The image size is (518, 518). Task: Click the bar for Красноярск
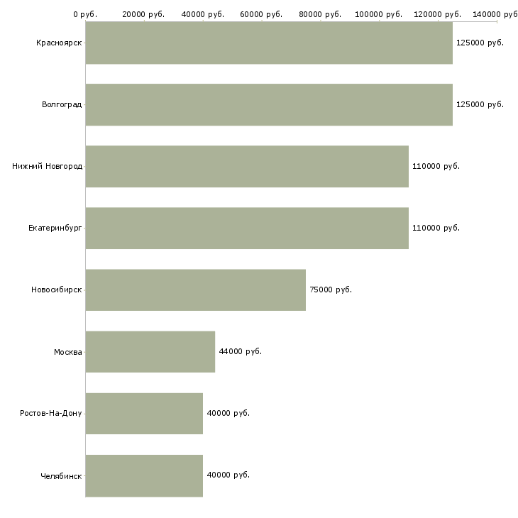coord(269,43)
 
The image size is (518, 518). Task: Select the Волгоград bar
coord(269,104)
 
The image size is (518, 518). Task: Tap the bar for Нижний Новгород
coord(247,166)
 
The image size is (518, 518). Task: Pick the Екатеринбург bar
coord(247,228)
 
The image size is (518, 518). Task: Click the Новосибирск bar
coord(196,290)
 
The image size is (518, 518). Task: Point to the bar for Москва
coord(150,351)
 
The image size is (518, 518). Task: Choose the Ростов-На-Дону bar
coord(144,413)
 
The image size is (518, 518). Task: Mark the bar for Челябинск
coord(144,475)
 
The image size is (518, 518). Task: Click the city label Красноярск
coord(59,43)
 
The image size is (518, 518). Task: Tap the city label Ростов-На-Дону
coord(51,413)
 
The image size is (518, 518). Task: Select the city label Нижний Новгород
coord(48,166)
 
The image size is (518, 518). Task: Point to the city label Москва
coord(68,352)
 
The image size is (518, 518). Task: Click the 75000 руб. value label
coord(331,290)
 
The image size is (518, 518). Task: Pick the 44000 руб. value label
coord(240,351)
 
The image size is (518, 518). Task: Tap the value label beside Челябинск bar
coord(228,475)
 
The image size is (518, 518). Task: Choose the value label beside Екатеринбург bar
coord(436,228)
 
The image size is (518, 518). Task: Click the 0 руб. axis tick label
coord(85,14)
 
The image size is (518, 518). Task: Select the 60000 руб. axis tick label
coord(261,14)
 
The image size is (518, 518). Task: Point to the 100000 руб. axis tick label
coord(379,14)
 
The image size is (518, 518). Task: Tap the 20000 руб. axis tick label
coord(143,14)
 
